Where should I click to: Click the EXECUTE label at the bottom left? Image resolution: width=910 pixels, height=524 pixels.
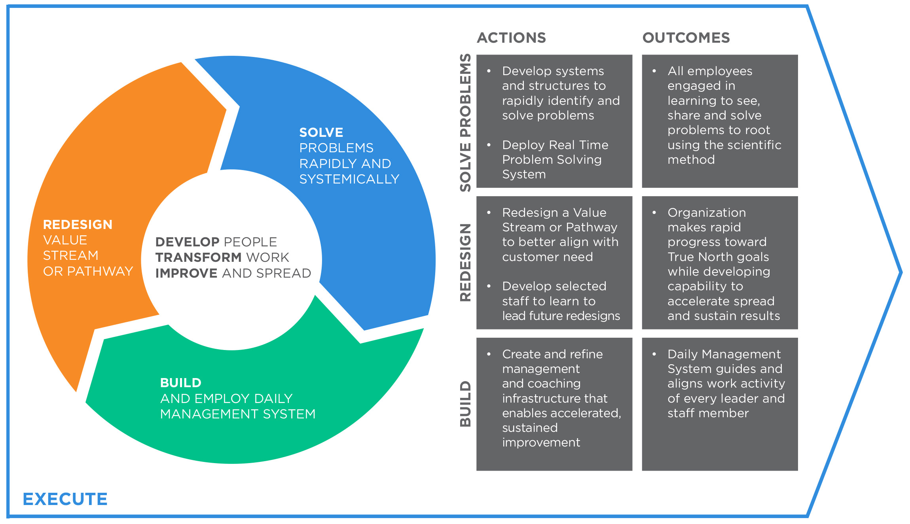pyautogui.click(x=65, y=499)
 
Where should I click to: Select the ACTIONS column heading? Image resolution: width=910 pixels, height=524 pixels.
pyautogui.click(x=511, y=38)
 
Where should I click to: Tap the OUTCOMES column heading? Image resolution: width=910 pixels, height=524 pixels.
pyautogui.click(x=686, y=38)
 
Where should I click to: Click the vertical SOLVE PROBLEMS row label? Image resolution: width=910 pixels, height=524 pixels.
pyautogui.click(x=466, y=123)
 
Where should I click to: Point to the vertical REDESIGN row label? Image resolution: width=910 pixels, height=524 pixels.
pyautogui.click(x=466, y=263)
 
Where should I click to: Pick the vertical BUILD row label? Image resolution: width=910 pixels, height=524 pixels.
pyautogui.click(x=466, y=404)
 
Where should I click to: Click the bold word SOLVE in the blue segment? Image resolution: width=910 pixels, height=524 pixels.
pyautogui.click(x=321, y=132)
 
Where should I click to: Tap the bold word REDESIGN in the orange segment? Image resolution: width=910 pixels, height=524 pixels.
pyautogui.click(x=78, y=225)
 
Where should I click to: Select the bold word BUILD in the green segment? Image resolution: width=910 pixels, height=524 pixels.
pyautogui.click(x=180, y=383)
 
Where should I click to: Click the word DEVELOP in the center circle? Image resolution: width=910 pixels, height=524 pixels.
pyautogui.click(x=187, y=242)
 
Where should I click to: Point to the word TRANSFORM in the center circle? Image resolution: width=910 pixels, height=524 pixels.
pyautogui.click(x=198, y=257)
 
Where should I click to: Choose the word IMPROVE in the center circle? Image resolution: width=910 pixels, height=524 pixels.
pyautogui.click(x=186, y=273)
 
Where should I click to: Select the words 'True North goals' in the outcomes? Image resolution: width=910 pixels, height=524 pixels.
pyautogui.click(x=718, y=257)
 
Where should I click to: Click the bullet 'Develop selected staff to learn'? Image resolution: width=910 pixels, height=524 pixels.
pyautogui.click(x=554, y=293)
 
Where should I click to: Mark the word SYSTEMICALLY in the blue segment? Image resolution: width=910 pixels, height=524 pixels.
pyautogui.click(x=349, y=179)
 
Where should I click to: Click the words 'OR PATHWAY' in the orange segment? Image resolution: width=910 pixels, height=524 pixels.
pyautogui.click(x=88, y=271)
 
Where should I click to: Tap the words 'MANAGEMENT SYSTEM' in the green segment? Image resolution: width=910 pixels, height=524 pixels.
pyautogui.click(x=238, y=414)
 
